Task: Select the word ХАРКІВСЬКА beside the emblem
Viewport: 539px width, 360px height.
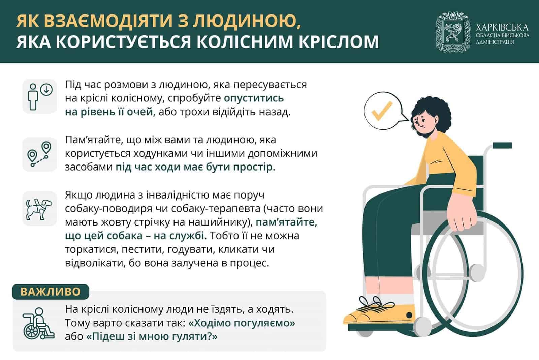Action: pyautogui.click(x=502, y=27)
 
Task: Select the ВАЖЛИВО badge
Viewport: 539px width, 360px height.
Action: pyautogui.click(x=51, y=292)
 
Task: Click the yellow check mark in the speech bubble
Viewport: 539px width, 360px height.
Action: pyautogui.click(x=382, y=111)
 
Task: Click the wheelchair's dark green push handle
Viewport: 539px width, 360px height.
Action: pyautogui.click(x=502, y=145)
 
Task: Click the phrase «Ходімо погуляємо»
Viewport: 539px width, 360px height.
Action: pyautogui.click(x=242, y=323)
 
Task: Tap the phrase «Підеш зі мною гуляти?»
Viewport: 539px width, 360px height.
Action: pyautogui.click(x=152, y=336)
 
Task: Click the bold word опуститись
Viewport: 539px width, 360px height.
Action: pyautogui.click(x=254, y=98)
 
